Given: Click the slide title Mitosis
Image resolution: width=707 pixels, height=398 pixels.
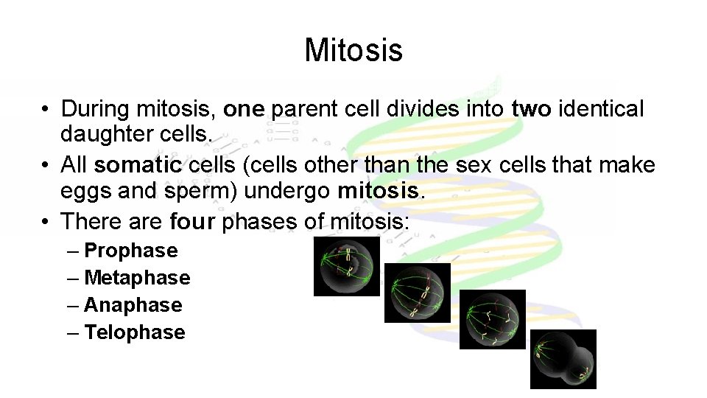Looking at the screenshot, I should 353,50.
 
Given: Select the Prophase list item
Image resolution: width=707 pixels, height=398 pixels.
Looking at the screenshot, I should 130,251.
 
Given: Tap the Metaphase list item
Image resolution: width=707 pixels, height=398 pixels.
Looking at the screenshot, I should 137,278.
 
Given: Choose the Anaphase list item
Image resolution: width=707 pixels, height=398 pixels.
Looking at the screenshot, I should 133,305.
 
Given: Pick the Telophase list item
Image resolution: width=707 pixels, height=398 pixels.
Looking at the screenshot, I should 134,332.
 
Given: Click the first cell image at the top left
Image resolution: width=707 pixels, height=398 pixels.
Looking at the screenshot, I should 347,266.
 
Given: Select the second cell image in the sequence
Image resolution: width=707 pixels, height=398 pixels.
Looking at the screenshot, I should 417,293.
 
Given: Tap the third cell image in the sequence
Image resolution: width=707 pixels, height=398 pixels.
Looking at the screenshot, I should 492,319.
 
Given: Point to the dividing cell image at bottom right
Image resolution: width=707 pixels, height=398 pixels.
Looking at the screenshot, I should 563,359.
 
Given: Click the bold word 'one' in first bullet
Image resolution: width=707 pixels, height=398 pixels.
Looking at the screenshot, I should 244,110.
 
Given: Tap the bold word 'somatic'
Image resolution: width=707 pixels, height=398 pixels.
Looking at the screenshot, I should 138,165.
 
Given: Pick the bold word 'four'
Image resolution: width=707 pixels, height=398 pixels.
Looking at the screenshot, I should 193,221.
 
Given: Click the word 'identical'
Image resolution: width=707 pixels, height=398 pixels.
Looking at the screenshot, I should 602,110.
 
